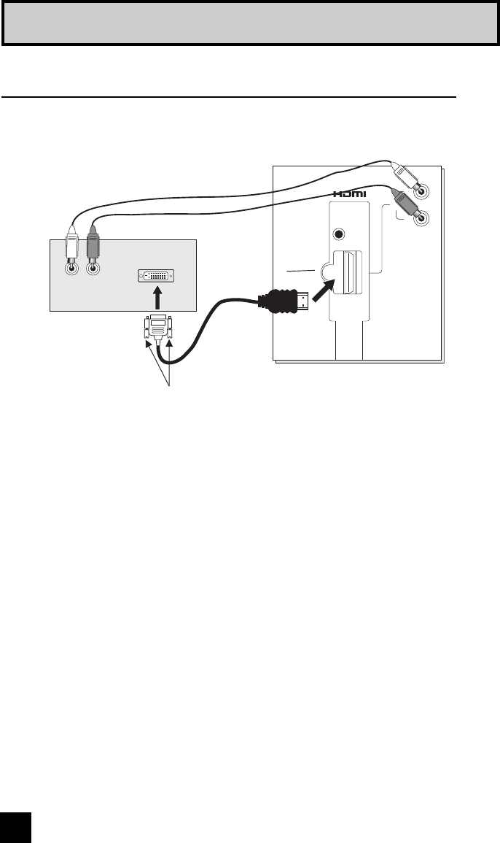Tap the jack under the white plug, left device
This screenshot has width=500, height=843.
pos(71,268)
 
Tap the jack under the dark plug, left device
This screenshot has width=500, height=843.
pos(93,268)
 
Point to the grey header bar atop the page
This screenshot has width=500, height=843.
pos(249,23)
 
